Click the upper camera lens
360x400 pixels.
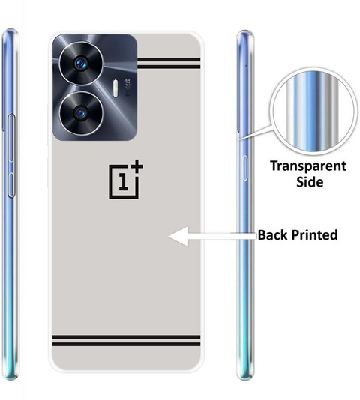click(x=81, y=63)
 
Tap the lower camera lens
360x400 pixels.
click(x=81, y=113)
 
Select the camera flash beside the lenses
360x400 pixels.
click(x=115, y=88)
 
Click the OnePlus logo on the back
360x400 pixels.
click(x=126, y=179)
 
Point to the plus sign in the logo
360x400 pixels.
click(x=137, y=166)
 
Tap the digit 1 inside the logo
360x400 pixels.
click(x=124, y=181)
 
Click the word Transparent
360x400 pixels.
click(x=308, y=166)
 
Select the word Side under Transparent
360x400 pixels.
click(x=310, y=181)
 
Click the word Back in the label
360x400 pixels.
click(x=273, y=234)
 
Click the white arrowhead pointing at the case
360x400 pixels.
click(x=178, y=237)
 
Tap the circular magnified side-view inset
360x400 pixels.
click(x=313, y=112)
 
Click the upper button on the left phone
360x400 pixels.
click(x=11, y=138)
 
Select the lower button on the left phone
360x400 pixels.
click(x=11, y=185)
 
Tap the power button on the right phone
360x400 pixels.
click(x=244, y=168)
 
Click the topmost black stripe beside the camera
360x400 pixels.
click(x=169, y=60)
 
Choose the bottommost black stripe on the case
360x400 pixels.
click(x=126, y=344)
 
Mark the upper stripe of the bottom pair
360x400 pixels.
click(x=126, y=337)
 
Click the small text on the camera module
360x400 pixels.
click(x=127, y=88)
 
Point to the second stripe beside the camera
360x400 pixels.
click(x=169, y=67)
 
